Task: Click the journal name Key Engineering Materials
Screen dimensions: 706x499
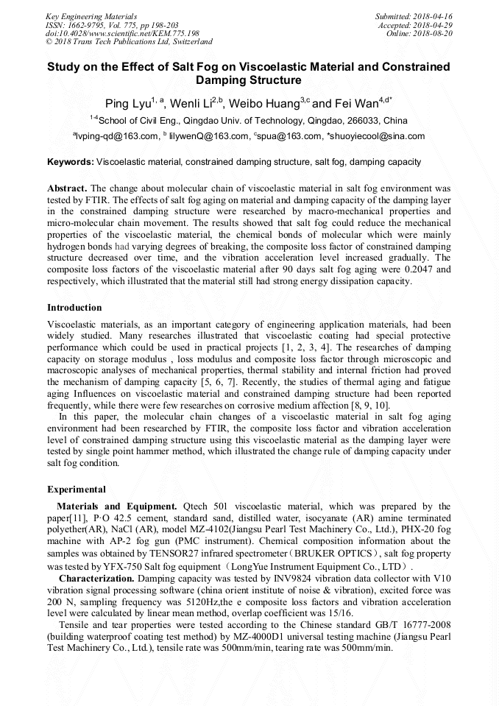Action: (x=91, y=15)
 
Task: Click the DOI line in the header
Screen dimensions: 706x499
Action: (x=123, y=33)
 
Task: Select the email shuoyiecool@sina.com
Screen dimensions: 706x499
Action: (x=378, y=135)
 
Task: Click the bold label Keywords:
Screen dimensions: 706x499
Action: (x=71, y=161)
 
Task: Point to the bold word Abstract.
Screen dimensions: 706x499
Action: (x=68, y=188)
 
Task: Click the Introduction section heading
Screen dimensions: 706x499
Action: (x=74, y=307)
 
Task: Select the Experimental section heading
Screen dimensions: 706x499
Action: (x=77, y=489)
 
